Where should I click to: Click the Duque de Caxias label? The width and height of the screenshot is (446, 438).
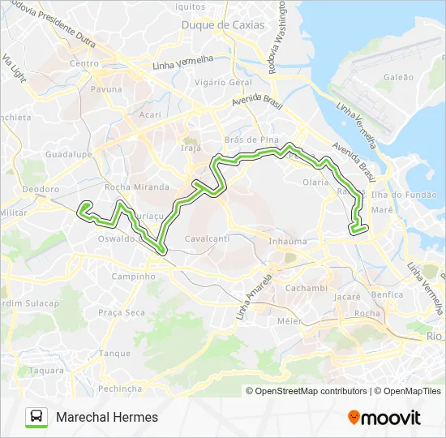[x=222, y=25]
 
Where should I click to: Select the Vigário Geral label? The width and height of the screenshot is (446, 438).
[x=224, y=83]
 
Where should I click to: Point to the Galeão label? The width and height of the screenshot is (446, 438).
[x=397, y=77]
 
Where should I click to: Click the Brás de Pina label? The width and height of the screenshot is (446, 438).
[x=246, y=140]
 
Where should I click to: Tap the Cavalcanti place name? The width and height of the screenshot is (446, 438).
[x=208, y=239]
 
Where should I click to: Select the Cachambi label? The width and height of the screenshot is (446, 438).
[x=306, y=288]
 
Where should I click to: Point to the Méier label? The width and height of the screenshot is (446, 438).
[x=289, y=320]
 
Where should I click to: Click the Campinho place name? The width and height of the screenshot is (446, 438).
[x=133, y=276]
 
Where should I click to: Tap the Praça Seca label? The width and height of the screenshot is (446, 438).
[x=122, y=312]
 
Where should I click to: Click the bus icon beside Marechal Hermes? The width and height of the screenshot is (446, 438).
[x=36, y=417]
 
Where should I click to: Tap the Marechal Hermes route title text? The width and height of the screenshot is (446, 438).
[x=107, y=417]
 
